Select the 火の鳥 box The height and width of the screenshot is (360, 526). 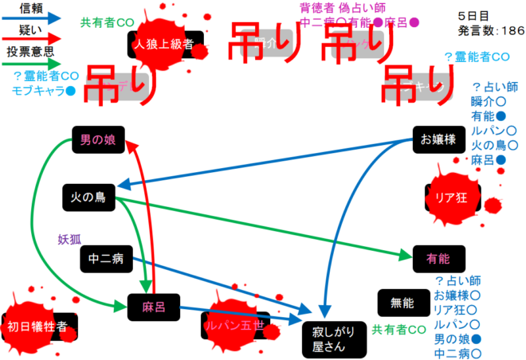coord(88,196)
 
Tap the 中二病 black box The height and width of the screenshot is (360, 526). coord(105,258)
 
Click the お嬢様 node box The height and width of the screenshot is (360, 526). coord(438,140)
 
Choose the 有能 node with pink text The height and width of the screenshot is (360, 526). coord(438,259)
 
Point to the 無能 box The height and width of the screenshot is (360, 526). coord(402,303)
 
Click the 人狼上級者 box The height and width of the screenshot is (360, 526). coord(165,45)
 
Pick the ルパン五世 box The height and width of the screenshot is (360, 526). coord(234,325)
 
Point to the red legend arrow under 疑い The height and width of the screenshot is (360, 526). coord(32,38)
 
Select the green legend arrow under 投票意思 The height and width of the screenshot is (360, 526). coord(32,63)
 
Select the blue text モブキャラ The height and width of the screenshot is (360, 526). coord(37,90)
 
